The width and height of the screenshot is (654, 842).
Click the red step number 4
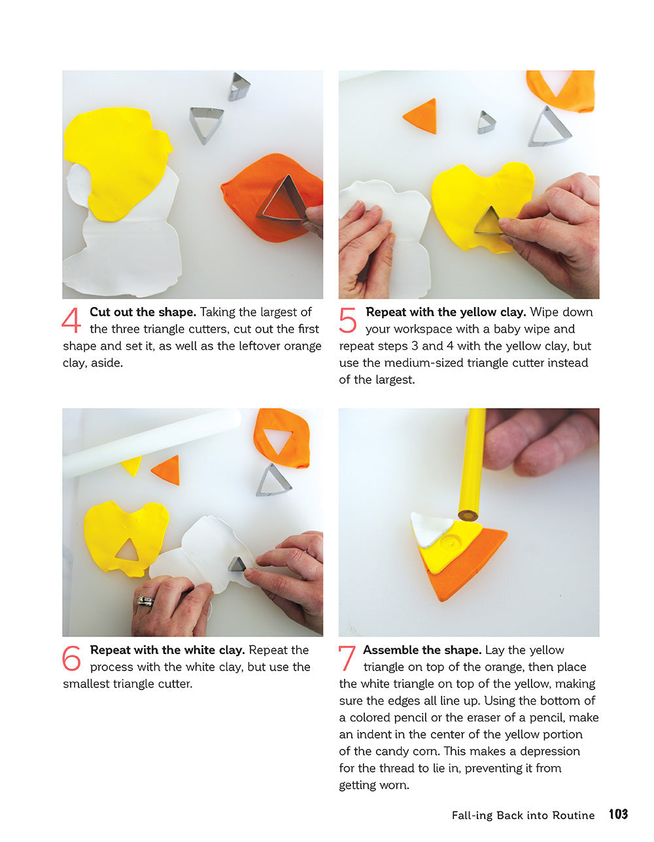coord(71,321)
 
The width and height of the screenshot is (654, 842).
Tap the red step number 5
coord(348,321)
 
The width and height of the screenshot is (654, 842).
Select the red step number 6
coord(71,659)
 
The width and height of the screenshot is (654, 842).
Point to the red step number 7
coord(347,659)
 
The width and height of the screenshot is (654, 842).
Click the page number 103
coord(618,815)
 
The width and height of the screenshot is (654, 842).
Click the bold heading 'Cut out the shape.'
coord(143,312)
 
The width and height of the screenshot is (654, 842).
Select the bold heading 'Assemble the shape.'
coord(422,650)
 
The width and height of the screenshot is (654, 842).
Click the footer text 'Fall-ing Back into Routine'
coord(523,815)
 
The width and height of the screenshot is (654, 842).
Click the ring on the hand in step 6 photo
coord(145,600)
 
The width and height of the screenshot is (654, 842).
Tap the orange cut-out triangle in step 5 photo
coord(422,115)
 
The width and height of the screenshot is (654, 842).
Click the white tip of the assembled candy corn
coord(428,528)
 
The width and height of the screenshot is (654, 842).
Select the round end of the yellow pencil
coord(468,515)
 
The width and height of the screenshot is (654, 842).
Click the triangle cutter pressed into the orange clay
coord(283,200)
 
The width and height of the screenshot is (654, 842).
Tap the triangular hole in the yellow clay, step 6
coord(128,551)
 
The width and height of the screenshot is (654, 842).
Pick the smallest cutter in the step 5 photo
coord(485,122)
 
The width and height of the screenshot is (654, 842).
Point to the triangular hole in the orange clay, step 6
coord(278,440)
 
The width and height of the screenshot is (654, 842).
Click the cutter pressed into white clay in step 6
coord(237,564)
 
